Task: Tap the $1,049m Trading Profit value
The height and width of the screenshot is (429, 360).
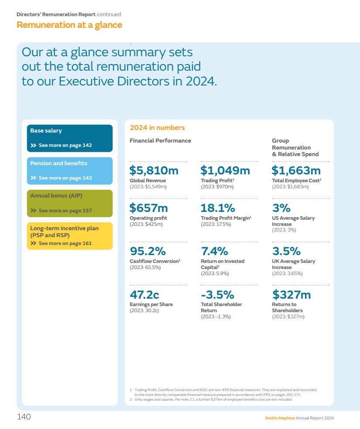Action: click(225, 170)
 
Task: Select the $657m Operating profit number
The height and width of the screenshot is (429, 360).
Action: click(149, 208)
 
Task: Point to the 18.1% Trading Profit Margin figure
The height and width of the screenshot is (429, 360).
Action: click(218, 208)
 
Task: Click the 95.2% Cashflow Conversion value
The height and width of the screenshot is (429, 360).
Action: click(148, 251)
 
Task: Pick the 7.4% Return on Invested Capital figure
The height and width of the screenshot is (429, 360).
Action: click(214, 251)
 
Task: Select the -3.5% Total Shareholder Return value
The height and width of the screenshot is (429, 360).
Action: click(217, 295)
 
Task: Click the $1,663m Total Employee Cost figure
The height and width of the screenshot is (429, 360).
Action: click(296, 170)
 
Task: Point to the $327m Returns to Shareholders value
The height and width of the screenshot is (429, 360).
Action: click(291, 295)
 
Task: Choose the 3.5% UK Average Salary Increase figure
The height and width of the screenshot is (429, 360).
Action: click(286, 251)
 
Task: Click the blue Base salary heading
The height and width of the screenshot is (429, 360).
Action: click(46, 131)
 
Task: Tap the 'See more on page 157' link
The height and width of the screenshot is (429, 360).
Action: click(65, 211)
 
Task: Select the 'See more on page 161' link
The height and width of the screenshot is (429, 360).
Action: click(65, 243)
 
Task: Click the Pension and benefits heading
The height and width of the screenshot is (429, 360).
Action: click(58, 163)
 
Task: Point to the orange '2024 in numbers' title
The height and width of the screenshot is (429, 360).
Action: click(157, 128)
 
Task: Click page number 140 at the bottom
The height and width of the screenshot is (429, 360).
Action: click(24, 417)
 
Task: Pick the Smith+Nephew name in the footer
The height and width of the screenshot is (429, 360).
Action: click(280, 418)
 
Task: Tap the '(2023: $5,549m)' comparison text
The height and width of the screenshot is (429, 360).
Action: click(148, 187)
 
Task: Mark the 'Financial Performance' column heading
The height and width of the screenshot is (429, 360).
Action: click(160, 140)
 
